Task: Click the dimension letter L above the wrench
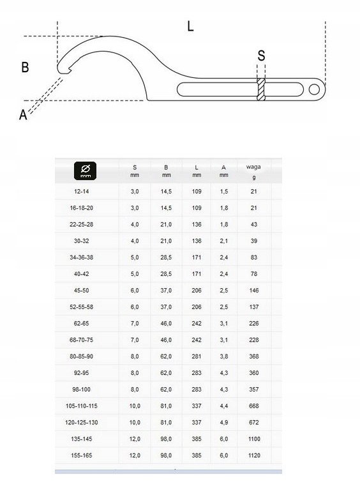(x=190, y=26)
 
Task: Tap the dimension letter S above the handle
(x=261, y=56)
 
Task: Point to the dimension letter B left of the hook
(x=25, y=67)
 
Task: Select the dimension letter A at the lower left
(x=23, y=115)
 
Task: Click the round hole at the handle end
(x=314, y=89)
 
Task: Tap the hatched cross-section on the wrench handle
(x=261, y=89)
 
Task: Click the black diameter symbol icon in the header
(x=86, y=171)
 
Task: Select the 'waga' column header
(x=253, y=167)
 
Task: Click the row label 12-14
(x=82, y=192)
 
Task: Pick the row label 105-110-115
(x=82, y=406)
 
